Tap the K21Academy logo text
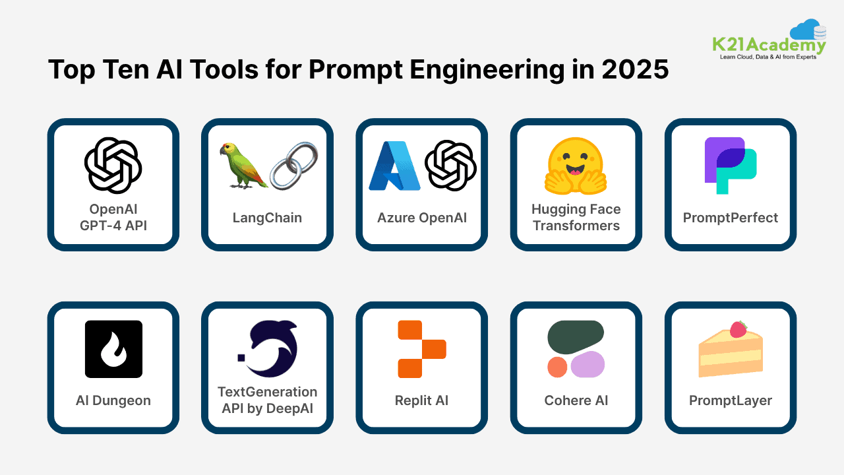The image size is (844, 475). point(769,45)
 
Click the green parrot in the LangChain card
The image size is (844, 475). point(243,164)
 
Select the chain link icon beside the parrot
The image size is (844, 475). point(294,165)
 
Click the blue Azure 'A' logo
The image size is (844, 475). point(394,166)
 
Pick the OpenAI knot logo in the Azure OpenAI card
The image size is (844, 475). point(450,166)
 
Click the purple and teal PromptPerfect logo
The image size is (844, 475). point(730,165)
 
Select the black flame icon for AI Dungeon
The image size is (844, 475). point(113,349)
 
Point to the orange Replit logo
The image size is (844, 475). point(422,349)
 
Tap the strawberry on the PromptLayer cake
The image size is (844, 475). point(738,329)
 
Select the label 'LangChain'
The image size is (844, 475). point(267,218)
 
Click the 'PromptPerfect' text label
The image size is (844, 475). point(730,218)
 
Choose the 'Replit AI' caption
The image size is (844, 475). point(421,400)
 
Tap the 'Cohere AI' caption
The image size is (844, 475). point(576,400)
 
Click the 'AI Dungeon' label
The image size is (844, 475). point(113,400)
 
